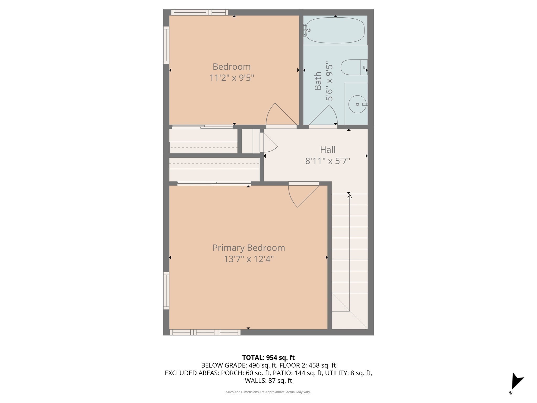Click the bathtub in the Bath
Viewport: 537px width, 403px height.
click(335, 30)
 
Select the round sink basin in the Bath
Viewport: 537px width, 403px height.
click(357, 104)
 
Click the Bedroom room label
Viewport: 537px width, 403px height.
click(232, 67)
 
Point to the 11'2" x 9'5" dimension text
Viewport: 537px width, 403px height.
click(232, 78)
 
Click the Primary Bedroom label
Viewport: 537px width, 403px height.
click(249, 248)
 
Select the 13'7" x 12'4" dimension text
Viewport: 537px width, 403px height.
click(249, 259)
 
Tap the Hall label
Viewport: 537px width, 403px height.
click(327, 150)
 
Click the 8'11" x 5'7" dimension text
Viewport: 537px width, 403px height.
click(327, 161)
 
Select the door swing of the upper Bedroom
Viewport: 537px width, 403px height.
click(279, 115)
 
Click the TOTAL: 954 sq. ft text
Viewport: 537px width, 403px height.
click(268, 358)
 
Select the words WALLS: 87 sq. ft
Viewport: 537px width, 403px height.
click(268, 380)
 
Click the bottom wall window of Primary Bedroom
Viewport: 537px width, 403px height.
click(205, 332)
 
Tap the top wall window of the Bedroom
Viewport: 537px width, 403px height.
click(200, 12)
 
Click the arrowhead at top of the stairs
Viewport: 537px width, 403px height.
click(350, 196)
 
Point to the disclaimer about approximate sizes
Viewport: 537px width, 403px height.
click(268, 392)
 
